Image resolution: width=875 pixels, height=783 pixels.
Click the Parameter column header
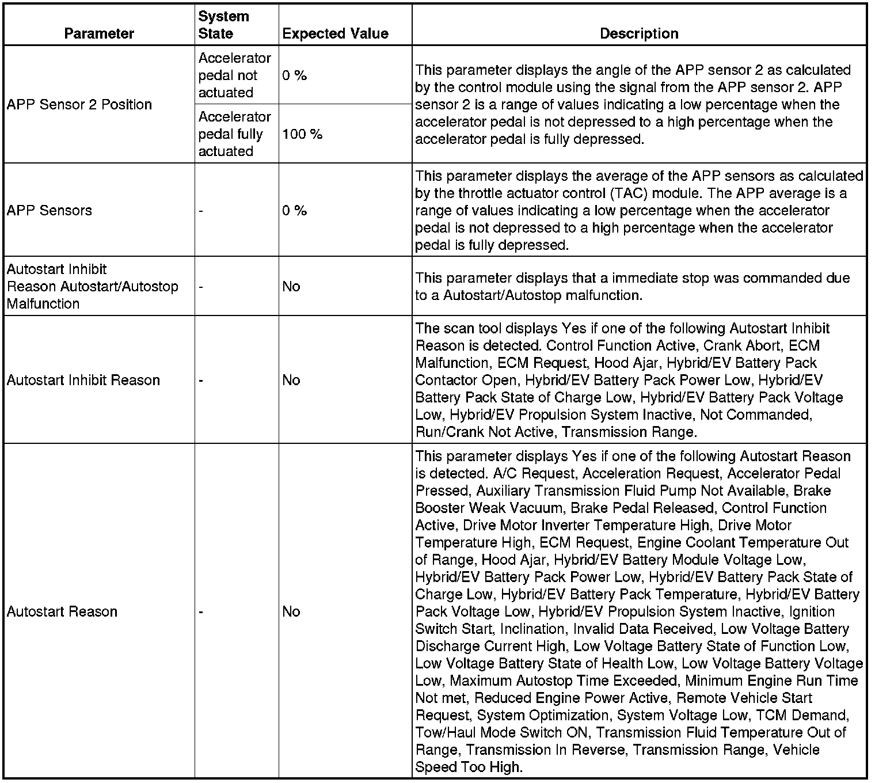click(x=99, y=33)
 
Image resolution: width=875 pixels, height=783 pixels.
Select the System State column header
click(x=223, y=25)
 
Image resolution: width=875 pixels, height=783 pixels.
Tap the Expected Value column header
click(x=335, y=33)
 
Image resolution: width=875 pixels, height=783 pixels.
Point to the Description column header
click(x=639, y=33)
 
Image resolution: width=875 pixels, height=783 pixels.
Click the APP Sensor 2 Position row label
click(x=79, y=105)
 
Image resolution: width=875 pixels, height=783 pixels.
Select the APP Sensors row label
click(x=50, y=210)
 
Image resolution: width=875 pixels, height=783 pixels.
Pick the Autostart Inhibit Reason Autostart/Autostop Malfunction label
click(x=92, y=286)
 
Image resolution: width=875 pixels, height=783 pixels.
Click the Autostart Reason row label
click(x=62, y=611)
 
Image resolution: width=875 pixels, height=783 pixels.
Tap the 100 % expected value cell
click(x=302, y=134)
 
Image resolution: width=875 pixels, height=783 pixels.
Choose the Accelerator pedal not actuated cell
click(x=234, y=75)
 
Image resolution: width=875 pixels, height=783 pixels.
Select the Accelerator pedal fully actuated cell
click(x=234, y=134)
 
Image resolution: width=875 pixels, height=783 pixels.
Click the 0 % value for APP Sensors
click(x=294, y=210)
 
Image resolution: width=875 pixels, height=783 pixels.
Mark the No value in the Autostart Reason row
click(x=291, y=611)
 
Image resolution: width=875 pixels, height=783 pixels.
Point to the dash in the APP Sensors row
click(x=201, y=211)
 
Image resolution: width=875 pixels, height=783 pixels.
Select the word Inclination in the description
click(x=524, y=629)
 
